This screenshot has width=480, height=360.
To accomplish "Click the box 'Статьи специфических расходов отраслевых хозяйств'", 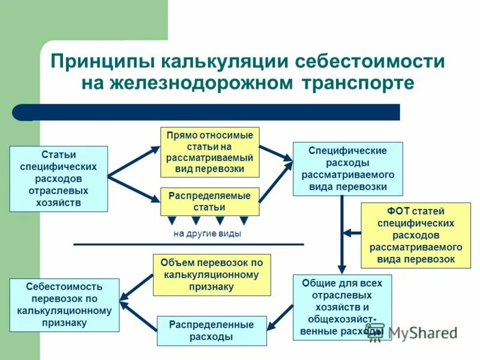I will pyautogui.click(x=59, y=179).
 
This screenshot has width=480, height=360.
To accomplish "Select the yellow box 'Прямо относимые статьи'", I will pyautogui.click(x=210, y=152).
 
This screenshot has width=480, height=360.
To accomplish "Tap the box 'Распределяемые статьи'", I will pyautogui.click(x=210, y=202).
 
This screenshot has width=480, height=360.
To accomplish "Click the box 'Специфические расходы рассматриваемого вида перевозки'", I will pyautogui.click(x=348, y=169).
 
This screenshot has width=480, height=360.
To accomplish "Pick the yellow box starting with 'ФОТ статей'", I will pyautogui.click(x=416, y=235).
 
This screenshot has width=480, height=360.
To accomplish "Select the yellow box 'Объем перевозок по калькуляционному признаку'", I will pyautogui.click(x=212, y=275).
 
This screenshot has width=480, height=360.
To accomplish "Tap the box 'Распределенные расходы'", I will pyautogui.click(x=212, y=331).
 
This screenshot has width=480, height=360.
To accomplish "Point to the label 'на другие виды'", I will pyautogui.click(x=207, y=234).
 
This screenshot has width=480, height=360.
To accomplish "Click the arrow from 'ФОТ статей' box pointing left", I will pyautogui.click(x=352, y=232).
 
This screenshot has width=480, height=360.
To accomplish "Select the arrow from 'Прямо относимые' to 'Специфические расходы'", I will pyautogui.click(x=276, y=153).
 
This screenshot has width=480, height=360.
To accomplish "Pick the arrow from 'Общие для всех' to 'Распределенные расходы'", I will pyautogui.click(x=280, y=317).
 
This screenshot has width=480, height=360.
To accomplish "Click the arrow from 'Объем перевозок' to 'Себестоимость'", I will pyautogui.click(x=136, y=287).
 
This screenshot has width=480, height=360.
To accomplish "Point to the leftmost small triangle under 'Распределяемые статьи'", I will pyautogui.click(x=172, y=220).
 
